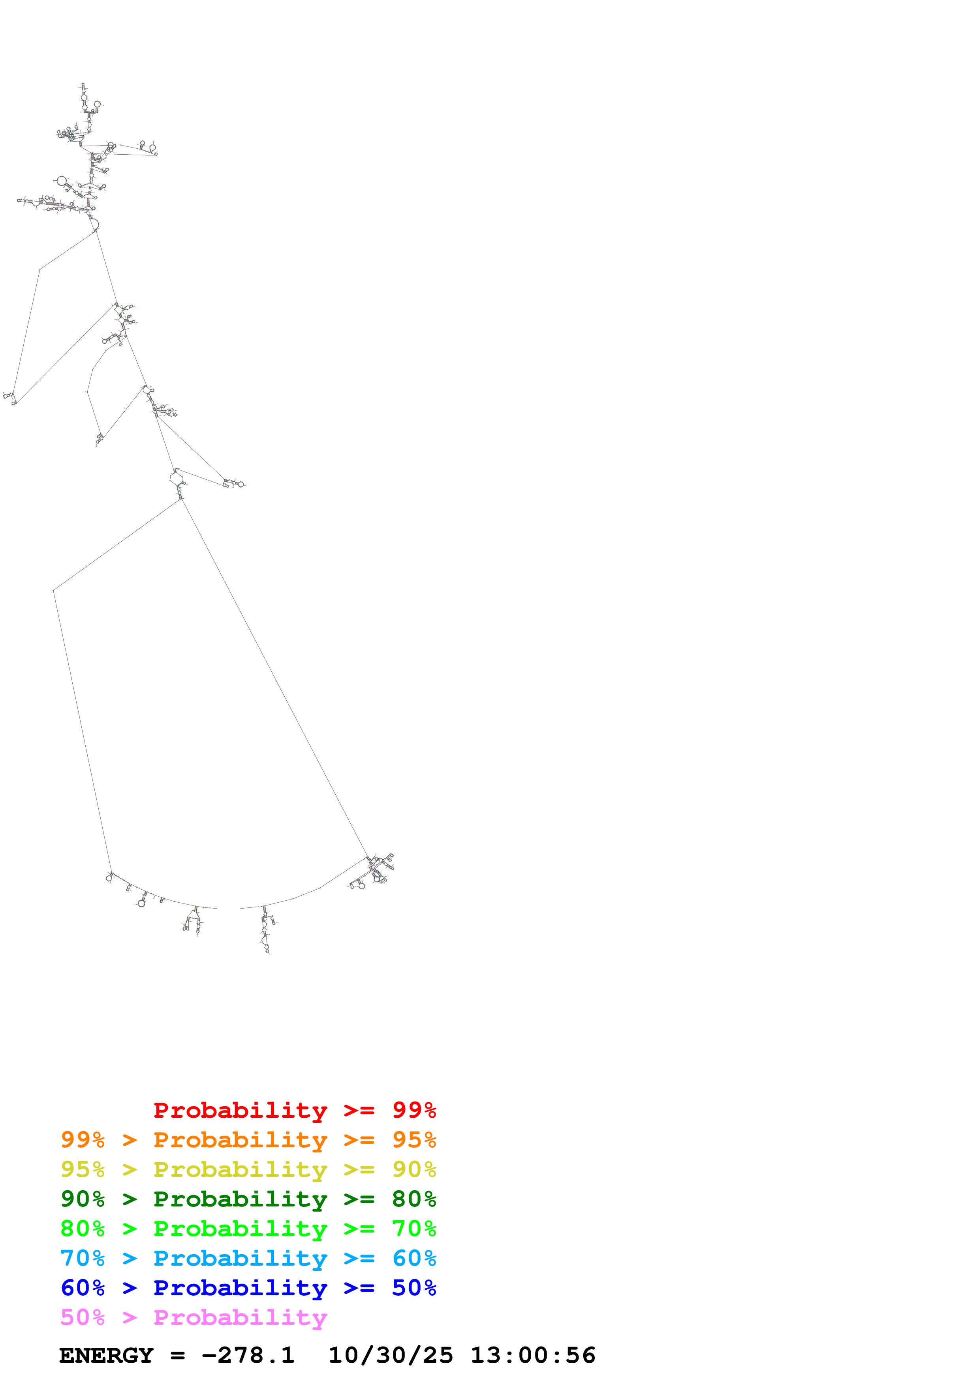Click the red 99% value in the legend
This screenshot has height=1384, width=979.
coord(414,1110)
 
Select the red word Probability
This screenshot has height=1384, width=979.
coord(240,1110)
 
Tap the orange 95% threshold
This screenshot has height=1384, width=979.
coord(414,1139)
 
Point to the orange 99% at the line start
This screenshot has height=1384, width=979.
coord(83,1139)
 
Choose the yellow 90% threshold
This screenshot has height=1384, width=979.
coord(414,1169)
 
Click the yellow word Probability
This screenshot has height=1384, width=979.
coord(240,1169)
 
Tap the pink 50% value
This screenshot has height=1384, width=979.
coord(83,1317)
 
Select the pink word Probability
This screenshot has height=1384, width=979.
coord(240,1317)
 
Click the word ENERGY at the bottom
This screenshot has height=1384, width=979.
coord(106,1355)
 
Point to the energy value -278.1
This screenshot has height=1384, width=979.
coord(248,1355)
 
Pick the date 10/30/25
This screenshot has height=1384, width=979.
coord(390,1355)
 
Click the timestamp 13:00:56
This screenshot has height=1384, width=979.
coord(533,1355)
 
